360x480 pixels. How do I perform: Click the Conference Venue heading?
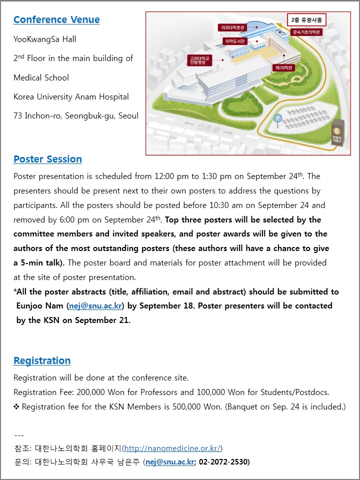56,20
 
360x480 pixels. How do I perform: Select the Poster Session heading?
47,159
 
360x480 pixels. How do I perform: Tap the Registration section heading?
42,361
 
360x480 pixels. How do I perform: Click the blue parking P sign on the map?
278,118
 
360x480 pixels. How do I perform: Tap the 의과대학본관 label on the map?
232,27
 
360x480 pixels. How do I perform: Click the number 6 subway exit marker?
337,131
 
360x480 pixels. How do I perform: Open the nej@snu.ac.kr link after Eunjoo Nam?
95,306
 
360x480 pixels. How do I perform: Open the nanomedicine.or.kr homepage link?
172,448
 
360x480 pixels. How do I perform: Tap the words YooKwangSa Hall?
45,39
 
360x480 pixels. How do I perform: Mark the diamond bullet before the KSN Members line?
16,407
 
